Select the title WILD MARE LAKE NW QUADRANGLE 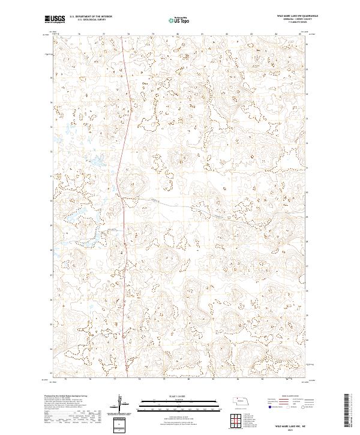point(298,16)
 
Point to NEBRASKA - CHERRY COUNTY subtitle point(301,19)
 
